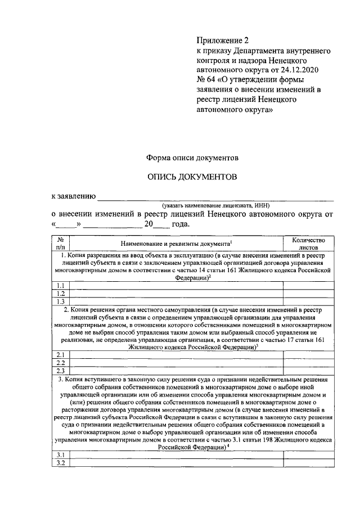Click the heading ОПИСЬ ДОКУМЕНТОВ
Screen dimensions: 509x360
(x=192, y=177)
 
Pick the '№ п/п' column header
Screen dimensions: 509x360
(x=61, y=243)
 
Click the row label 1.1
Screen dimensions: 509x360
(x=61, y=285)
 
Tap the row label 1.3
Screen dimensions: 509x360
(x=61, y=301)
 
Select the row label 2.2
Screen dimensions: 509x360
(x=61, y=362)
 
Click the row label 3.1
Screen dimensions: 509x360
(x=61, y=455)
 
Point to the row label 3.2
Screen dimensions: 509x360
(x=61, y=463)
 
